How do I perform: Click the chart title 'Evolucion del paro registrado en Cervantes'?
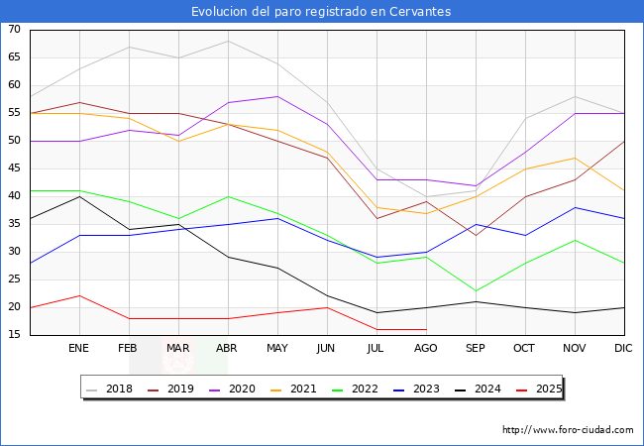click(x=321, y=12)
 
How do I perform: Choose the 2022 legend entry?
click(x=368, y=389)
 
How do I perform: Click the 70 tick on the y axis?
click(x=14, y=30)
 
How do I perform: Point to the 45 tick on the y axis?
click(x=14, y=168)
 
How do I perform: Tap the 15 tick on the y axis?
click(x=14, y=335)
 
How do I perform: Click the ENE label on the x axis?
click(x=79, y=349)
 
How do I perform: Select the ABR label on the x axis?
click(x=228, y=349)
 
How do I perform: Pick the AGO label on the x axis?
click(x=426, y=349)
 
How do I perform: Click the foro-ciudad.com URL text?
click(x=568, y=430)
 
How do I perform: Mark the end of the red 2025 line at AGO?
click(x=426, y=329)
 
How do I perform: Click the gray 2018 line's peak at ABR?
click(x=228, y=41)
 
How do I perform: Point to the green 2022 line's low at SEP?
click(x=476, y=290)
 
